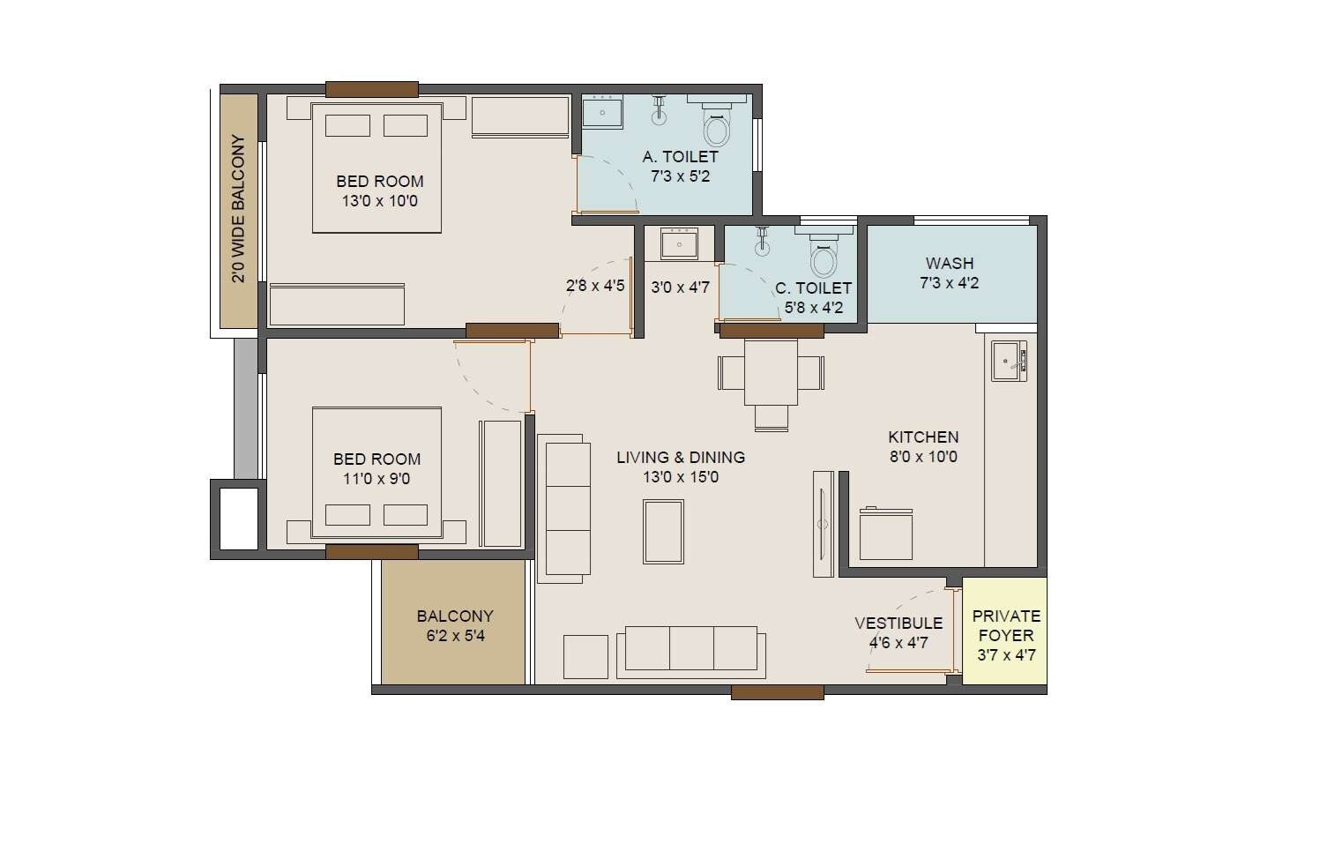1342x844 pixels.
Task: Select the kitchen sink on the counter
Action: click(1009, 361)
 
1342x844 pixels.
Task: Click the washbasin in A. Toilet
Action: click(603, 112)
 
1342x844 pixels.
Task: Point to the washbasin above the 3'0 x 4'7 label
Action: click(679, 243)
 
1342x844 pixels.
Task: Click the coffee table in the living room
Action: click(663, 531)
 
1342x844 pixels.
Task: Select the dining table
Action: click(771, 371)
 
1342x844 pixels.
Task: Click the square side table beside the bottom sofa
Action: click(585, 656)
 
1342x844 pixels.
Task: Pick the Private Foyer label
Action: click(1006, 625)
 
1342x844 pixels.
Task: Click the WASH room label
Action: click(950, 263)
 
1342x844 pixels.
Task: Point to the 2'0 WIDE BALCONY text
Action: click(238, 209)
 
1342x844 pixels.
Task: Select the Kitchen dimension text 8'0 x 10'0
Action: click(922, 457)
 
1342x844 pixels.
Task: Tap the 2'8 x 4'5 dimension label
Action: click(595, 286)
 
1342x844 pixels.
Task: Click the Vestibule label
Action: click(898, 624)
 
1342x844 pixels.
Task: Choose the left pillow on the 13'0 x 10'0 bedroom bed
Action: click(347, 125)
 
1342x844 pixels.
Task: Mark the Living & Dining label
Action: click(680, 457)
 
